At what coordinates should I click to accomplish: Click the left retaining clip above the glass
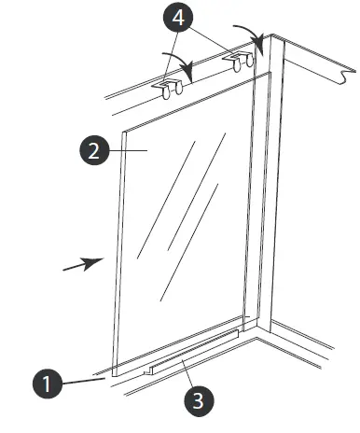point(168,87)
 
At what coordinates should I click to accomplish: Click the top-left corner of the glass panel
point(123,131)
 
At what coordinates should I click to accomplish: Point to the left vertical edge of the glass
point(118,252)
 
